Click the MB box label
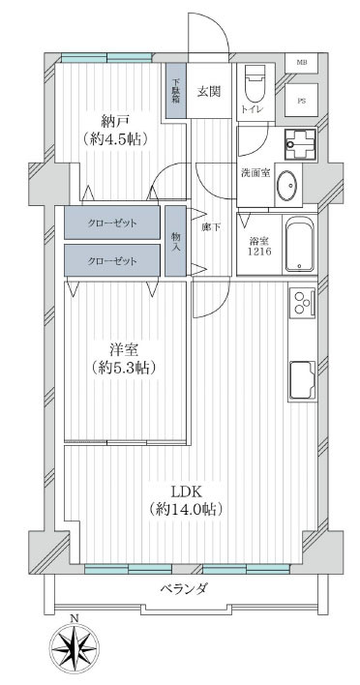click(302, 62)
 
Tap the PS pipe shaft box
click(301, 100)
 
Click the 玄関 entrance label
click(208, 92)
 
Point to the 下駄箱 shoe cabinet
click(175, 90)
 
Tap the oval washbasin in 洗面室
click(288, 185)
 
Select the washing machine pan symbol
click(300, 144)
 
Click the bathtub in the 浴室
click(299, 245)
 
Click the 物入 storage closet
click(175, 241)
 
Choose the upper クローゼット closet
click(112, 223)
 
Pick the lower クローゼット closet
click(112, 260)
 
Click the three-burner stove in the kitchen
click(302, 302)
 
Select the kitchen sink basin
click(302, 380)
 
